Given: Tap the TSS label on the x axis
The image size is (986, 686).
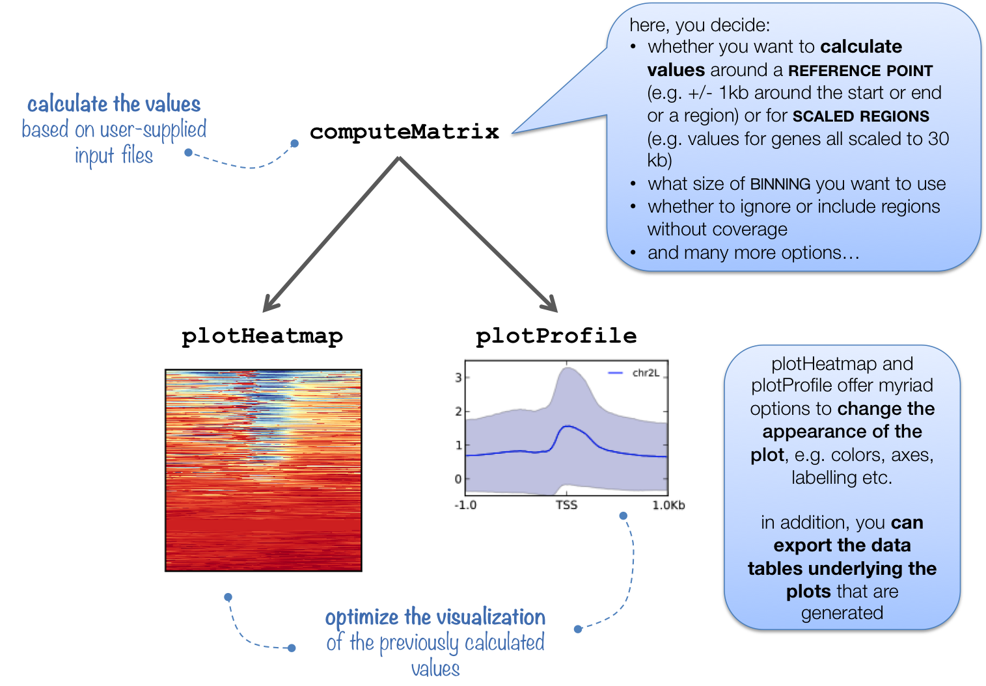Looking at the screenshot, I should [x=566, y=505].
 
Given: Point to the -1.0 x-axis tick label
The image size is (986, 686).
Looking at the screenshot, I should [x=465, y=505].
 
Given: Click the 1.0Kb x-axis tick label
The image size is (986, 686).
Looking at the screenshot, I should [x=668, y=505].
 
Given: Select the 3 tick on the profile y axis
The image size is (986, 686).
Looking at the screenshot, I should [x=458, y=377].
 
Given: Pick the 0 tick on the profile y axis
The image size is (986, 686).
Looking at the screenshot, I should [x=458, y=479].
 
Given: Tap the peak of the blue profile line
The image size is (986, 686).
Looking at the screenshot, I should [x=568, y=426].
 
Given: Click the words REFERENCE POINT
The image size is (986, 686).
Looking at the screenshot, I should [x=860, y=70].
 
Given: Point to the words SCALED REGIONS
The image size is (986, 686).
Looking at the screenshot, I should [x=860, y=116].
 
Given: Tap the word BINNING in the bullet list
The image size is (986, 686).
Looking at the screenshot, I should [x=780, y=185].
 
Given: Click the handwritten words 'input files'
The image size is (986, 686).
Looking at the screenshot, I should [x=114, y=156].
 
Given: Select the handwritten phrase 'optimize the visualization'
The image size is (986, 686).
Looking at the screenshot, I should [x=435, y=617].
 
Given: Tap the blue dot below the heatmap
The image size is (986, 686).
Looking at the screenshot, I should [x=228, y=597].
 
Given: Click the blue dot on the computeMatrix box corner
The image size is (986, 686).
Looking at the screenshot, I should [x=294, y=144].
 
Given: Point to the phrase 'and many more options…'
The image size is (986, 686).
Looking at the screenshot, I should [x=753, y=252].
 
